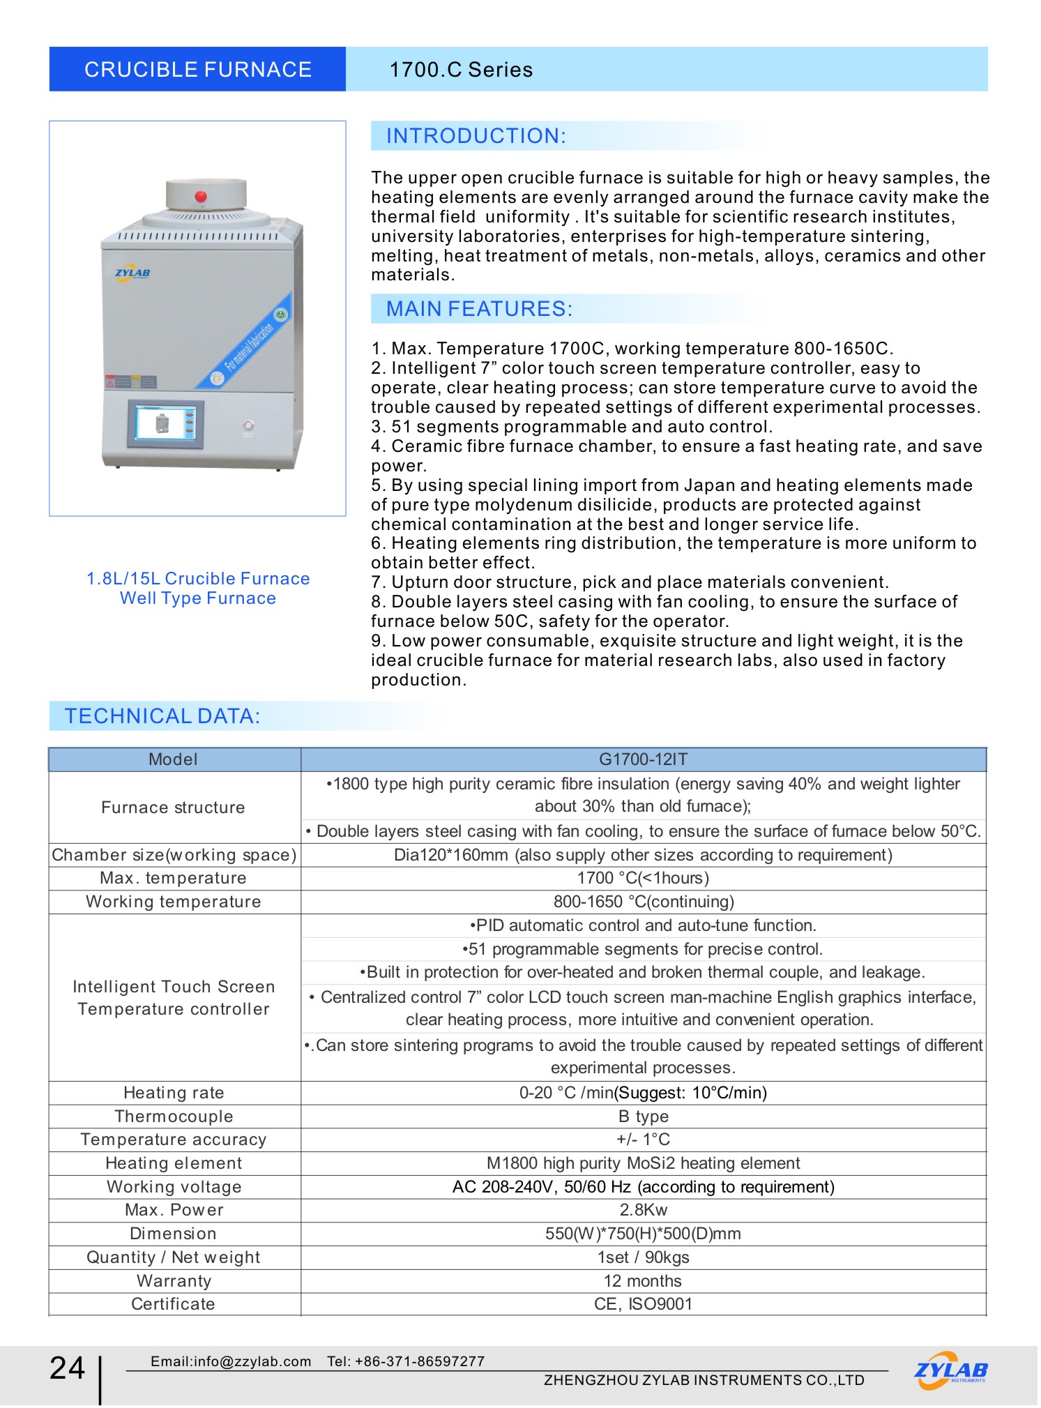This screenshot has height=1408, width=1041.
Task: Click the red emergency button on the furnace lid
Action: pyautogui.click(x=201, y=196)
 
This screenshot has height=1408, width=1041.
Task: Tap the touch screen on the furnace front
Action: pyautogui.click(x=166, y=423)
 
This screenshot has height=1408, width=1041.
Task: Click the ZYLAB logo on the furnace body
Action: pyautogui.click(x=132, y=273)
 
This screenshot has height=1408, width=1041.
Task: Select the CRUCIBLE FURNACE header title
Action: pyautogui.click(x=197, y=70)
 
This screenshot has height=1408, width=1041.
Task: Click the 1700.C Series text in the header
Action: pyautogui.click(x=460, y=70)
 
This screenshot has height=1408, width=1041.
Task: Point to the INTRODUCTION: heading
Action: pyautogui.click(x=476, y=136)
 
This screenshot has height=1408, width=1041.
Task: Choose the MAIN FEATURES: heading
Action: pyautogui.click(x=479, y=309)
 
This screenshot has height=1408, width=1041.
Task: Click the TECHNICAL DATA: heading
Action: pyautogui.click(x=162, y=716)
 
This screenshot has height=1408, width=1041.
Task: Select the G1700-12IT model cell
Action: pyautogui.click(x=643, y=759)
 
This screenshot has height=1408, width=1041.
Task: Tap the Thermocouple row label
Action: pyautogui.click(x=174, y=1116)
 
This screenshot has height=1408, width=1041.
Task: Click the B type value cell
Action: pyautogui.click(x=643, y=1116)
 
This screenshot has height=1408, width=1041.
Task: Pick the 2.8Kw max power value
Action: pyautogui.click(x=643, y=1210)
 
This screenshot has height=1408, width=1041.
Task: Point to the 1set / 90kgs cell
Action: pyautogui.click(x=643, y=1257)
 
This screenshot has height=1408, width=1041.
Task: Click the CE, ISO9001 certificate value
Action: pyautogui.click(x=643, y=1304)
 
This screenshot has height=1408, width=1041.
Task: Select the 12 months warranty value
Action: pyautogui.click(x=643, y=1281)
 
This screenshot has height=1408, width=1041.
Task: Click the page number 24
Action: pyautogui.click(x=67, y=1368)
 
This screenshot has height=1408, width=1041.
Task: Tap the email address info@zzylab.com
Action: pyautogui.click(x=252, y=1361)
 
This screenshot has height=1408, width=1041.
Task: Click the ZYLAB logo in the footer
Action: pyautogui.click(x=950, y=1371)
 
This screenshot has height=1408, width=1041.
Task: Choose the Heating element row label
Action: pyautogui.click(x=174, y=1163)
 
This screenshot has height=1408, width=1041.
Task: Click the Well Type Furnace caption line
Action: pyautogui.click(x=197, y=598)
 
